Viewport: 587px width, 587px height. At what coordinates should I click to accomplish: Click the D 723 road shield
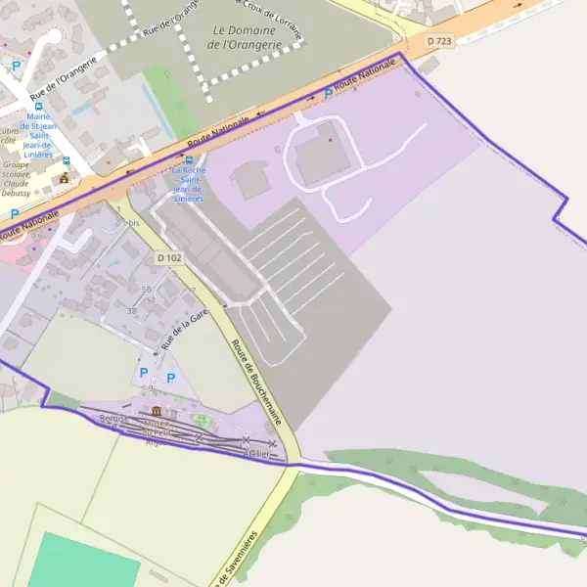point(439,41)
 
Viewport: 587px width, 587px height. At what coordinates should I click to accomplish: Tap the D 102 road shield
point(167,257)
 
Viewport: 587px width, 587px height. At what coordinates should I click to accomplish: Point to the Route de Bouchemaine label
point(257,382)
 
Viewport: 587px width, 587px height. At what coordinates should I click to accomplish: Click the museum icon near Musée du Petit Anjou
point(157,411)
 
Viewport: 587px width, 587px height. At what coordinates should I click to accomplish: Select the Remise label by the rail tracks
point(114,419)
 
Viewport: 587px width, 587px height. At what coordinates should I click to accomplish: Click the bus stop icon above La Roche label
point(189,158)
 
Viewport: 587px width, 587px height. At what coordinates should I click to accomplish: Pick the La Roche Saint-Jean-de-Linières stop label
point(189,184)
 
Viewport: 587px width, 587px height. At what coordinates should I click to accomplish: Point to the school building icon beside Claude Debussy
point(65,178)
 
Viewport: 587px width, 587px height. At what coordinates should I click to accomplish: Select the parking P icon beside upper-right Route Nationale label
point(327,92)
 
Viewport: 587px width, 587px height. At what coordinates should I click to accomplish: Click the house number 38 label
point(132,311)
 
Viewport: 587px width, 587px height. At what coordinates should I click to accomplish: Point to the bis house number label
point(135,223)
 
